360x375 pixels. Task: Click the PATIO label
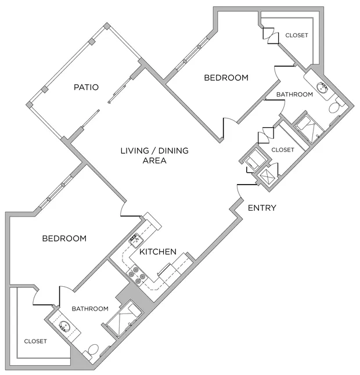(86, 88)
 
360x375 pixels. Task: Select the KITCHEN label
(157, 252)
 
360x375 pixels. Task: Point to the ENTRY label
(262, 208)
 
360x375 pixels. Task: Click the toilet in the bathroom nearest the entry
(336, 108)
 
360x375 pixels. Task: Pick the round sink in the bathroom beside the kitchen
(64, 326)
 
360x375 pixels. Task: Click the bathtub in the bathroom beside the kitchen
(124, 317)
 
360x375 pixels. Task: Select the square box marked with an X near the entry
(269, 175)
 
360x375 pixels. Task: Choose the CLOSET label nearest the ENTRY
(283, 150)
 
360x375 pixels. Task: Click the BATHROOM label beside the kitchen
(90, 308)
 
